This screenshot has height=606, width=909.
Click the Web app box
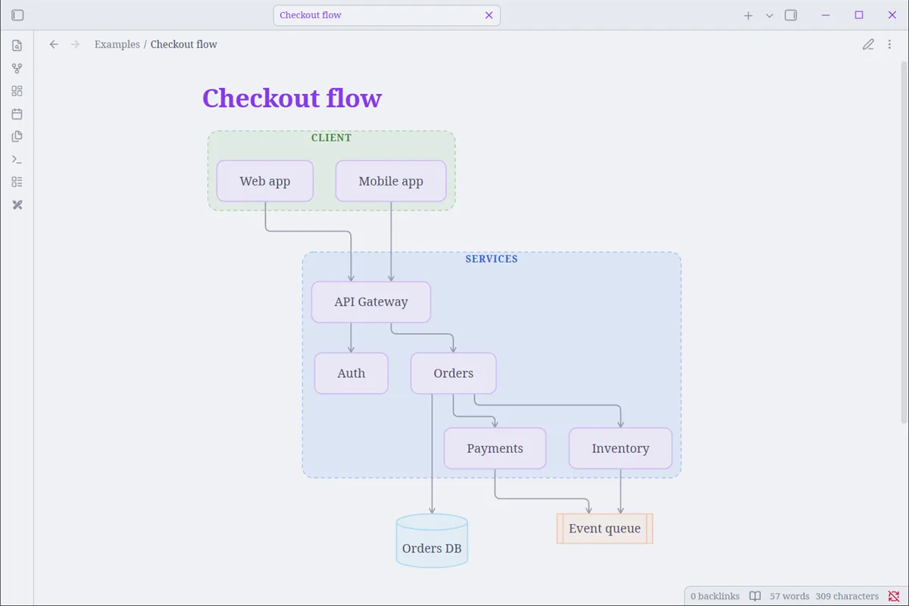pyautogui.click(x=264, y=181)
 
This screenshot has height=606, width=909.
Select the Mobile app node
pyautogui.click(x=391, y=181)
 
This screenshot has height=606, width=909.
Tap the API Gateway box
pyautogui.click(x=371, y=302)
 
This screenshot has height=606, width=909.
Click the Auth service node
pyautogui.click(x=351, y=373)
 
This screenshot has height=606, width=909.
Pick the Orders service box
pyautogui.click(x=453, y=373)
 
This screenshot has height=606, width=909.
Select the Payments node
pyautogui.click(x=495, y=448)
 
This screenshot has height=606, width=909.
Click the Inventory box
pyautogui.click(x=620, y=448)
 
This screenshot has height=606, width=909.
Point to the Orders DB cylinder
pyautogui.click(x=432, y=541)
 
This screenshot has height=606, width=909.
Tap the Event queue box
pyautogui.click(x=604, y=529)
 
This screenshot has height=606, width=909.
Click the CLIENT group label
pyautogui.click(x=331, y=138)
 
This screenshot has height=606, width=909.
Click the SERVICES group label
pyautogui.click(x=492, y=259)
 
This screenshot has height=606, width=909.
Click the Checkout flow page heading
pyautogui.click(x=292, y=98)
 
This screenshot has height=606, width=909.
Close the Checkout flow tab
pyautogui.click(x=489, y=15)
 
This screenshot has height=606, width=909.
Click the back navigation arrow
pyautogui.click(x=54, y=44)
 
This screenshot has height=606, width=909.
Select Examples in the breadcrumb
pyautogui.click(x=117, y=44)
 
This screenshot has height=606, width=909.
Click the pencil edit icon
pyautogui.click(x=868, y=44)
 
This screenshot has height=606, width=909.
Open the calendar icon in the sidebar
pyautogui.click(x=17, y=114)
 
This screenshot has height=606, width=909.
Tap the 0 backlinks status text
pyautogui.click(x=714, y=596)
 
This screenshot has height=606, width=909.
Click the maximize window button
pyautogui.click(x=859, y=15)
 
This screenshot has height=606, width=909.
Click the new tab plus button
pyautogui.click(x=748, y=15)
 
